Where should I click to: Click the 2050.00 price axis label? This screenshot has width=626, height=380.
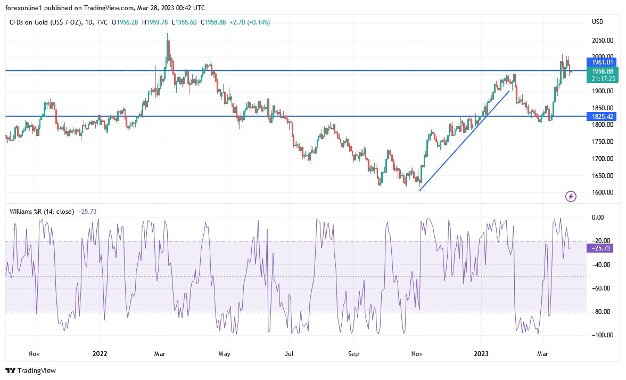(x=602, y=41)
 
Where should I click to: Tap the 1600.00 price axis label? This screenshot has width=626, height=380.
(x=602, y=192)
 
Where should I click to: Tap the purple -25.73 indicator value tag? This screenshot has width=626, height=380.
(x=601, y=248)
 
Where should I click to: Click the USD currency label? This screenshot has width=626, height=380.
(x=597, y=22)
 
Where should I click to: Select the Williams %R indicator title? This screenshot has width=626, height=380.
(x=42, y=212)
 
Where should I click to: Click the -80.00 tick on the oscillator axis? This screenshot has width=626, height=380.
(x=600, y=312)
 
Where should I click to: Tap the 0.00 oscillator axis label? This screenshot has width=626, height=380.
(x=598, y=217)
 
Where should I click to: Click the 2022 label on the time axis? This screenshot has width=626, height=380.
(x=100, y=353)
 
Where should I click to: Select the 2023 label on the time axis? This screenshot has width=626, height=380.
(x=481, y=353)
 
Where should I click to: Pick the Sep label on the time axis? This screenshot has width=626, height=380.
(x=354, y=353)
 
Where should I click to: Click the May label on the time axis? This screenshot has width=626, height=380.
(x=224, y=353)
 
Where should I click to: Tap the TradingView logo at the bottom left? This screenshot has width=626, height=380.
(x=30, y=370)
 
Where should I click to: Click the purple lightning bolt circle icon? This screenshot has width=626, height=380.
(x=571, y=197)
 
